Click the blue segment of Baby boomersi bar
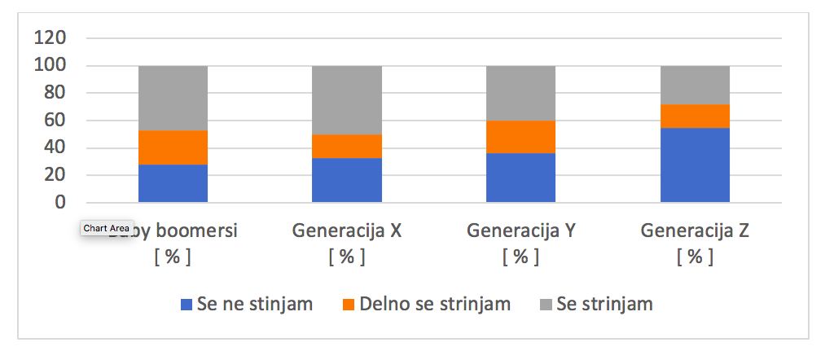[x=173, y=183]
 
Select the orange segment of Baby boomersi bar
[x=173, y=147]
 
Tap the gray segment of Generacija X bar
[x=347, y=100]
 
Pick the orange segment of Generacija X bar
[x=347, y=146]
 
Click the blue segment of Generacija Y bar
[x=520, y=178]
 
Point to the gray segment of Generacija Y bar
[x=520, y=93]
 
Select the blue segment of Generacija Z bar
[x=695, y=165]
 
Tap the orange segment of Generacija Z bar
[x=695, y=116]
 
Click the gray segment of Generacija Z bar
[x=695, y=85]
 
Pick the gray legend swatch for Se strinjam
[x=545, y=305]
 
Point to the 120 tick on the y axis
[x=50, y=38]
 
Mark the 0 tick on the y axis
[x=60, y=203]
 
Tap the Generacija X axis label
[x=347, y=230]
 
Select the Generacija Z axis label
[x=695, y=230]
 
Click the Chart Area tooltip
[x=105, y=229]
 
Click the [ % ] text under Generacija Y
[x=520, y=257]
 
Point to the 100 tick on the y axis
[x=50, y=66]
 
